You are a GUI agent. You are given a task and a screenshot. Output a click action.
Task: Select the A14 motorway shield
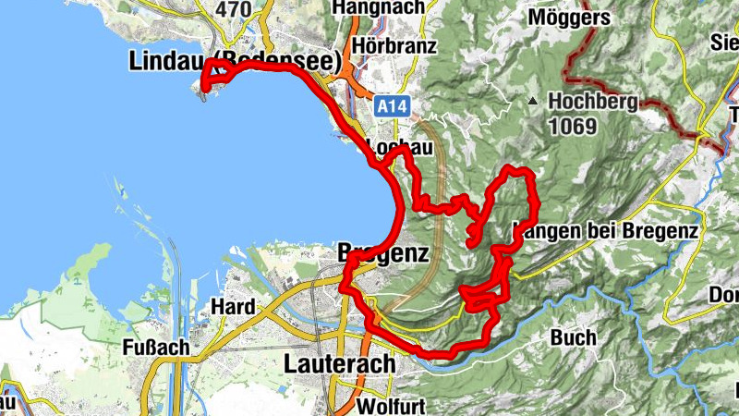[x=392, y=107]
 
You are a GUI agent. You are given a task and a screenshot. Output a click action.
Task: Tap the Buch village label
[x=572, y=336]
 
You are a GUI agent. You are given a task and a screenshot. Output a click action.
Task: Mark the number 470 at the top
[x=232, y=9]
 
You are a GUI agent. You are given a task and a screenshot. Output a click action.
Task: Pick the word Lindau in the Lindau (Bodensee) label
[x=163, y=62]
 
